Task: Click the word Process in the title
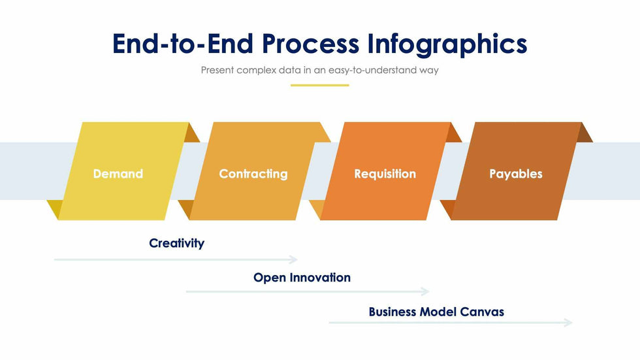point(310,44)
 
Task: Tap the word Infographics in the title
point(447,44)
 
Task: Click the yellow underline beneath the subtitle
point(319,86)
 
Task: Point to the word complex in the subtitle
point(256,70)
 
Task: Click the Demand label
point(118,174)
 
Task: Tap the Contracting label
point(253,174)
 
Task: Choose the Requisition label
point(385,174)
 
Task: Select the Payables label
point(516,174)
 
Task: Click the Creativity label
point(177,243)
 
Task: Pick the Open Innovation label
point(302,278)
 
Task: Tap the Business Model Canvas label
point(436,312)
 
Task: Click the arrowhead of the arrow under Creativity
point(293,259)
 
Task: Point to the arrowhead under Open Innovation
point(425,291)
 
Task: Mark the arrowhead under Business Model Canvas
point(568,323)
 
